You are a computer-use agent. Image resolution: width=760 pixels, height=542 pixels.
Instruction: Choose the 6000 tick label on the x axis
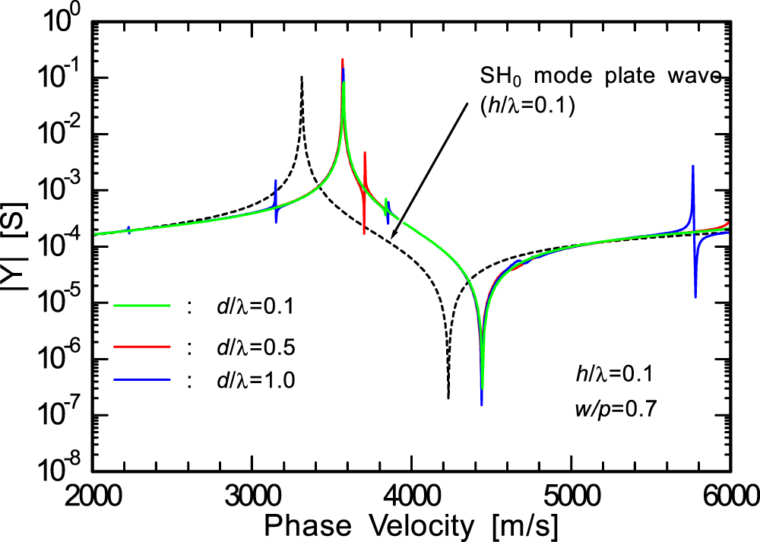pos(730,502)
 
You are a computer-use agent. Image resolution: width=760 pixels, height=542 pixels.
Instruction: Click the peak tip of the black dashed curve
pos(302,77)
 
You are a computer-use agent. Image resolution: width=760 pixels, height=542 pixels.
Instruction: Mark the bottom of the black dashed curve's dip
pos(448,397)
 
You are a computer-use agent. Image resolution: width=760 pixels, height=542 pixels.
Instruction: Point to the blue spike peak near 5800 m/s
pos(693,166)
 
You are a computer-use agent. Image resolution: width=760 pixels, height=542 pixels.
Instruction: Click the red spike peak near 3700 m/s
pos(366,153)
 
